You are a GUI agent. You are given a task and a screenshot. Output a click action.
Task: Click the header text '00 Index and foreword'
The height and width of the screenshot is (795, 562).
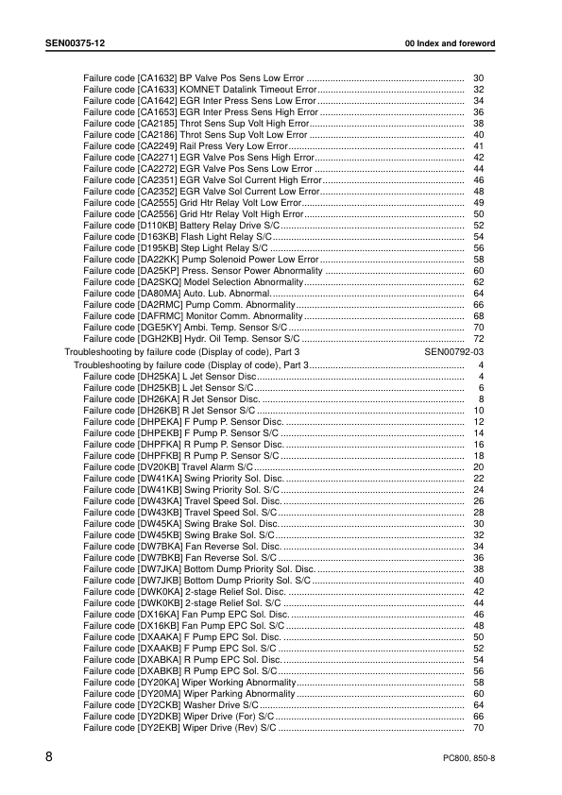point(450,44)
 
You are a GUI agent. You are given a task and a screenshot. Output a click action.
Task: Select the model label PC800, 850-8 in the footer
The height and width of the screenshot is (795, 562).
point(468,759)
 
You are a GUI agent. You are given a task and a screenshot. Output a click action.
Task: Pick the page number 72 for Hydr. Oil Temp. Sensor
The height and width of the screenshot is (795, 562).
point(478,339)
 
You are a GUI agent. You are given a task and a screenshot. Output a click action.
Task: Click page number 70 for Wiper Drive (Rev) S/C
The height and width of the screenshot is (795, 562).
point(478,728)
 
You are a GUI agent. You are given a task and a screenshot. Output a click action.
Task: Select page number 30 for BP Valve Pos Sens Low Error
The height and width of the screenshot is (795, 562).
point(478,76)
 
